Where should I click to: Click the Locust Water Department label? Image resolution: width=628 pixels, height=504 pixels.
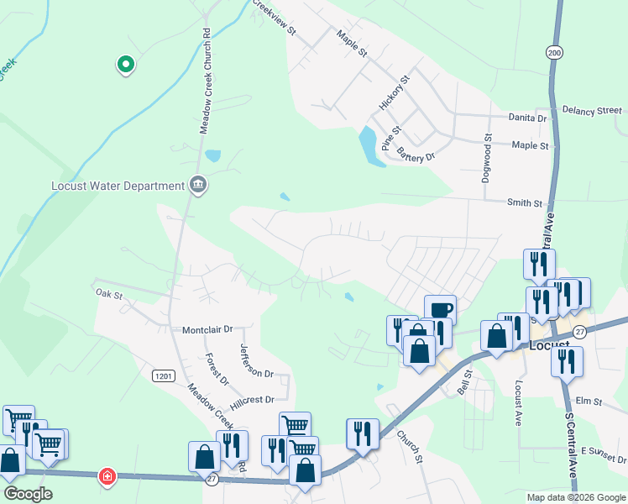coord(118,186)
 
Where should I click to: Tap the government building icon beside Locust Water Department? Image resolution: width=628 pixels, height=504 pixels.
coord(198,185)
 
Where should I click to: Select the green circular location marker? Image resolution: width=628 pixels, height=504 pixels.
coord(125,63)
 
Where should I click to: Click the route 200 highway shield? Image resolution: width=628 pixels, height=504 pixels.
coord(554,51)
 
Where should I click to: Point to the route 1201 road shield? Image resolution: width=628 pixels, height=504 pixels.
coord(164,377)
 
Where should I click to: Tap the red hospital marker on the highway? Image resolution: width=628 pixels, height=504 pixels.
coord(107,476)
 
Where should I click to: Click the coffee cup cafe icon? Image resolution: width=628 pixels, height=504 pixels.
coord(440,309)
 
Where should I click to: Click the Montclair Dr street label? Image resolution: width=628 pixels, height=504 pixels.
coord(207,330)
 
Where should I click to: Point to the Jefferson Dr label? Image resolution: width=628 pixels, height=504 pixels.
coord(256,360)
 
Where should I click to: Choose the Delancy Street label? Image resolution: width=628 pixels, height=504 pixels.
coord(592,110)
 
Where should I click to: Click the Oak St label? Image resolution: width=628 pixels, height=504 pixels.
coord(109,295)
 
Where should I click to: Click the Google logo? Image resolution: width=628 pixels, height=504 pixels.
coord(28,493)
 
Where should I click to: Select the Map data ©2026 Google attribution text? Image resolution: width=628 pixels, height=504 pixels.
coord(576,497)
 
